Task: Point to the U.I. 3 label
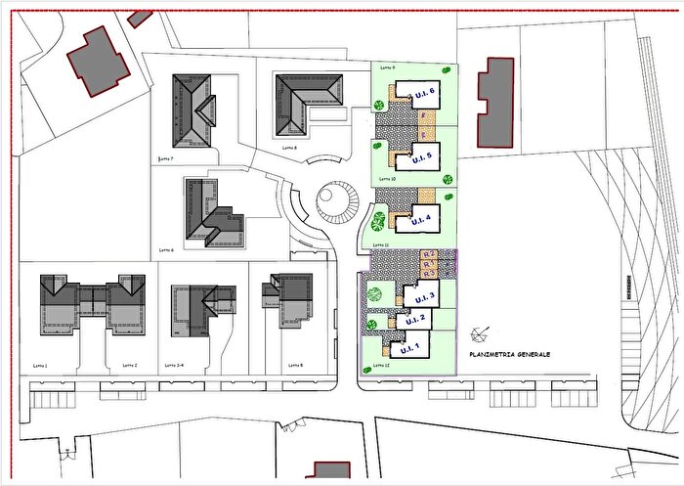[425, 297]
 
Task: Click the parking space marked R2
[427, 255]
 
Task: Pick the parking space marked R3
[427, 273]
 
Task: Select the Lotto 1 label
[40, 365]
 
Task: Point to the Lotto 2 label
[131, 365]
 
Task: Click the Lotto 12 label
[381, 366]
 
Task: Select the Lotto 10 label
[386, 180]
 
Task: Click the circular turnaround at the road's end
[338, 203]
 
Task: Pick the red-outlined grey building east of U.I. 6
[495, 102]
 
